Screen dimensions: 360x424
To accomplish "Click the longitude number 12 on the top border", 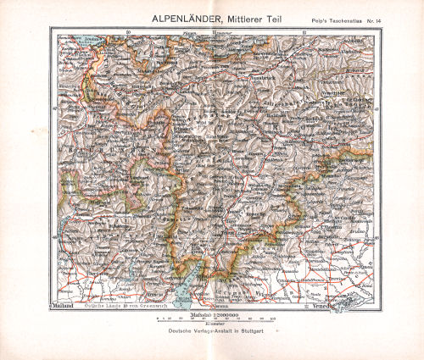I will click(x=304, y=32).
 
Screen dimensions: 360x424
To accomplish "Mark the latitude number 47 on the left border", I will click(x=55, y=108).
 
